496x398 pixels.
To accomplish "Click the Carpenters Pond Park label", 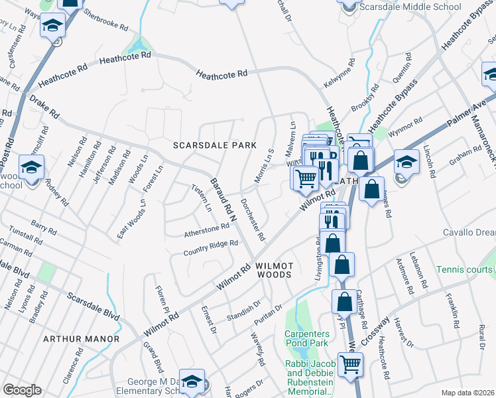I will click(306, 338).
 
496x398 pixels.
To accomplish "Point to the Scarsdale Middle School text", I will click(409, 7).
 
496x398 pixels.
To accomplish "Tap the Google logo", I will click(22, 390).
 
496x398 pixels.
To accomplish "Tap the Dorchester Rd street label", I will click(253, 220).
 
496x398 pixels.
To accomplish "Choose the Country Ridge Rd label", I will click(210, 247).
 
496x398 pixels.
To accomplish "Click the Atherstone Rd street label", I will click(206, 230).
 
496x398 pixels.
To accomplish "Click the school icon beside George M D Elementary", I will click(192, 381).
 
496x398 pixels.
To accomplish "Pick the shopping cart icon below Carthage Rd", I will click(350, 364).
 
